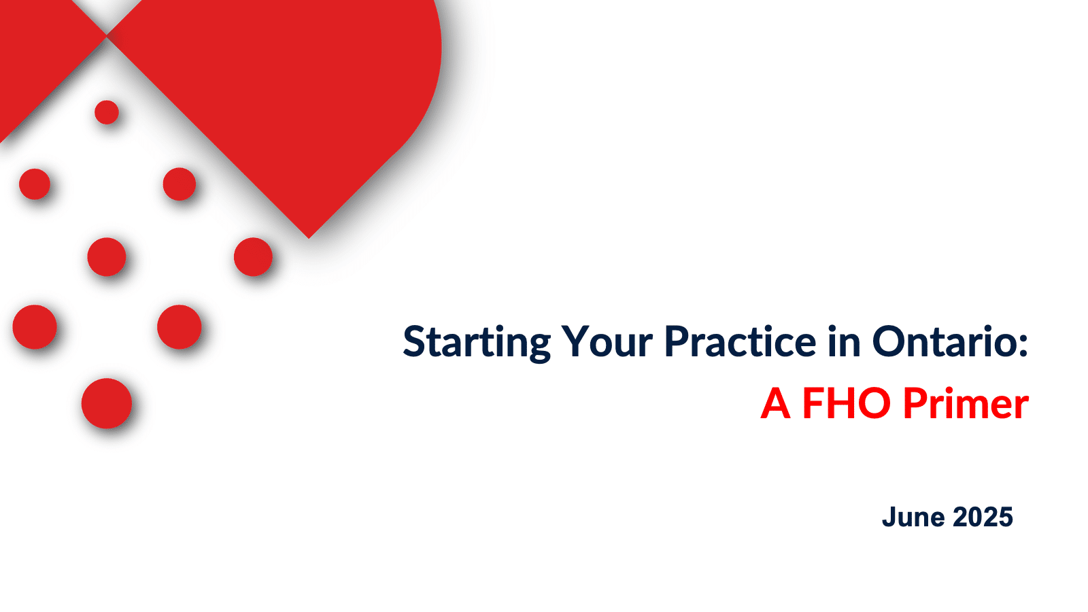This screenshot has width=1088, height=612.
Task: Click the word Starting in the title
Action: (x=477, y=343)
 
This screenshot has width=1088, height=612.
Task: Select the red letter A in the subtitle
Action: (x=776, y=403)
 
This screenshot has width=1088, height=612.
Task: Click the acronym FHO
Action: (x=846, y=403)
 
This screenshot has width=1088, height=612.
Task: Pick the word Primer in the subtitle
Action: (x=966, y=403)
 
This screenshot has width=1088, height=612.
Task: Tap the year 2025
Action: (x=983, y=517)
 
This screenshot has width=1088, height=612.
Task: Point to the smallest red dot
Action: (x=106, y=112)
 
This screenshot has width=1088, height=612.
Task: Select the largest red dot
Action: (x=106, y=403)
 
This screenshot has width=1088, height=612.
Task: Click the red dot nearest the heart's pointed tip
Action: (x=253, y=257)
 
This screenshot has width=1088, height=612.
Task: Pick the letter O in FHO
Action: (x=874, y=403)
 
